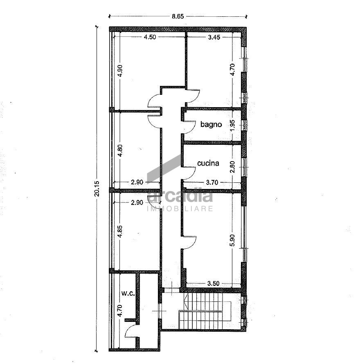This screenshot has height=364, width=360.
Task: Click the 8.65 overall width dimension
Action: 177,17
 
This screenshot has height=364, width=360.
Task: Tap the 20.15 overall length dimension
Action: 97,189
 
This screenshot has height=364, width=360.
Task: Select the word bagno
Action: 211,124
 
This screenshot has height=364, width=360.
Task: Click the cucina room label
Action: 208,163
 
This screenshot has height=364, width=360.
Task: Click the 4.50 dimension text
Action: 149,37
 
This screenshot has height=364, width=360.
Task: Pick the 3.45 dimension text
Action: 214,37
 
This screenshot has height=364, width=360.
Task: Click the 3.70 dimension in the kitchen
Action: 211,183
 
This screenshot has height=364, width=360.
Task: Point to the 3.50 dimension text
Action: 214,283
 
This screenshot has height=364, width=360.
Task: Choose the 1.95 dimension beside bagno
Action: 232,125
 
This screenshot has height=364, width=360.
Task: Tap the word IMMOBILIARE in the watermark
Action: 180,209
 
